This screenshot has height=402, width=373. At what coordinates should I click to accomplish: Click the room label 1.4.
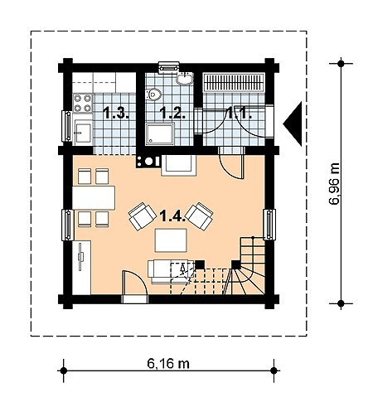click(x=172, y=216)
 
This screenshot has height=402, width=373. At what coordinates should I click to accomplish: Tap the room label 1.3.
click(x=116, y=114)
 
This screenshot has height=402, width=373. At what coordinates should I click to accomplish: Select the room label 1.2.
click(x=172, y=114)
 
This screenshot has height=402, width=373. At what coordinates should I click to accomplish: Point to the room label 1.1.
click(x=240, y=114)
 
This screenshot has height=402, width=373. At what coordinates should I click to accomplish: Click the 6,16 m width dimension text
click(x=168, y=364)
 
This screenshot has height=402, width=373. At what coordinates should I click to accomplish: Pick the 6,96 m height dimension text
click(x=334, y=184)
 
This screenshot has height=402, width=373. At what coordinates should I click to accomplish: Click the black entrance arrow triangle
click(x=293, y=124)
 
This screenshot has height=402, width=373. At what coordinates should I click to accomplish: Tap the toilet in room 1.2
click(x=153, y=94)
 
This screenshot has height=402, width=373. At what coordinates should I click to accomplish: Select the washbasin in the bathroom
click(x=185, y=78)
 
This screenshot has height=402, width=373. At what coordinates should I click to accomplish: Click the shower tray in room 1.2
click(x=160, y=134)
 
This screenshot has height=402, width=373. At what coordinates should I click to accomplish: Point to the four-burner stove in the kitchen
click(x=83, y=103)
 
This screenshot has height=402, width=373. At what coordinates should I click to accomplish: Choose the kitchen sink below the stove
click(x=83, y=133)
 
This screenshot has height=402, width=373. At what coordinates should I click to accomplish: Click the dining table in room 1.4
click(x=94, y=198)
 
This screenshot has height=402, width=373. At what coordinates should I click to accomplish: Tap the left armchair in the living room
click(x=143, y=216)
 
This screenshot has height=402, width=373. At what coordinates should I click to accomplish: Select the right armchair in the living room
click(x=199, y=216)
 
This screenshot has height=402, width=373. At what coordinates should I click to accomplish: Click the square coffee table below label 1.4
click(x=171, y=240)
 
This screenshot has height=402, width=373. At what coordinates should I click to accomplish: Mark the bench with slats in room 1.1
click(x=234, y=82)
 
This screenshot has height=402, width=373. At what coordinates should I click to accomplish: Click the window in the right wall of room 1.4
click(x=269, y=225)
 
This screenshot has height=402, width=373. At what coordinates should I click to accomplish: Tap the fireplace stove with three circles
click(x=148, y=161)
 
